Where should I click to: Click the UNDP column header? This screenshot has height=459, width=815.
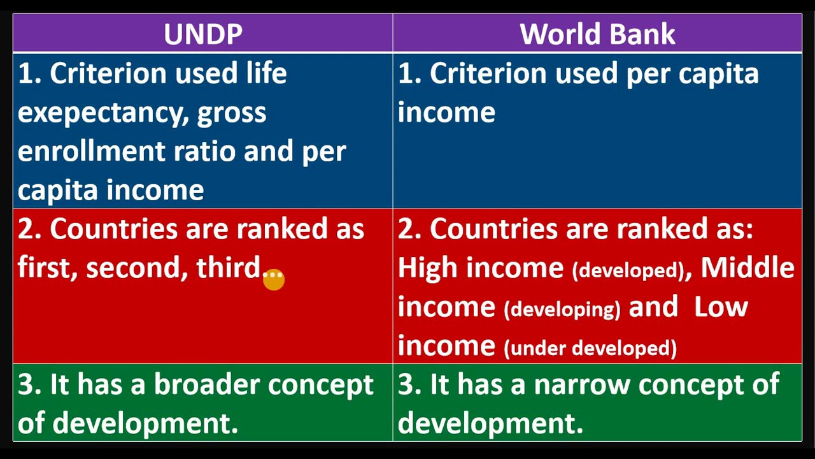[202, 34]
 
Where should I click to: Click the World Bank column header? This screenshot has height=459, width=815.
[597, 34]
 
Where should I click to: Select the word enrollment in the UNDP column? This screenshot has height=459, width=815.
[92, 152]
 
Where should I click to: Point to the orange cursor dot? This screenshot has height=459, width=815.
[274, 279]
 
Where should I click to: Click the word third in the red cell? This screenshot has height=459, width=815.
[229, 268]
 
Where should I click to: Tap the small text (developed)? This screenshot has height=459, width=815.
[628, 271]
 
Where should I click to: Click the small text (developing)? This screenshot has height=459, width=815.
[562, 310]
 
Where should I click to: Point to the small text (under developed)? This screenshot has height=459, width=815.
[590, 349]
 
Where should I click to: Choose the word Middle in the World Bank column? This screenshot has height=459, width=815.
[748, 268]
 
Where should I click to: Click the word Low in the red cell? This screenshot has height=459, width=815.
[720, 307]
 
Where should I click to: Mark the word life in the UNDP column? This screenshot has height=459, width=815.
[266, 74]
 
